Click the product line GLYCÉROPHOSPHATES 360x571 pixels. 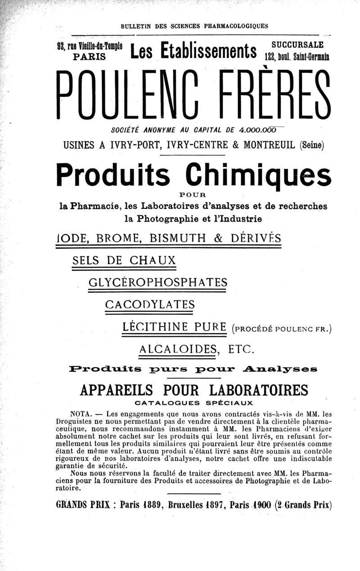[158, 283]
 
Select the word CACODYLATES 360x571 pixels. [149, 305]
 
